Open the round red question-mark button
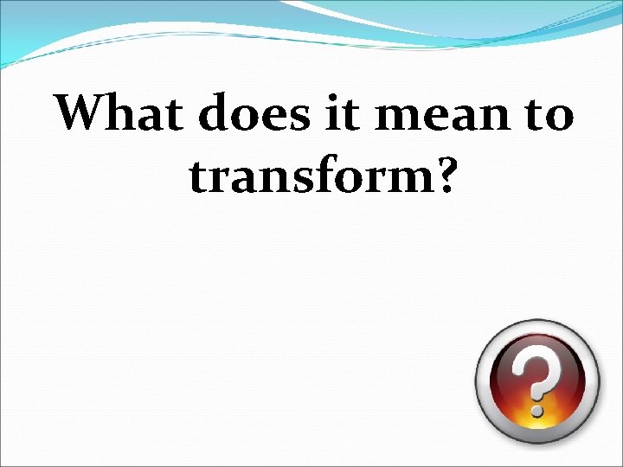click(536, 381)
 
